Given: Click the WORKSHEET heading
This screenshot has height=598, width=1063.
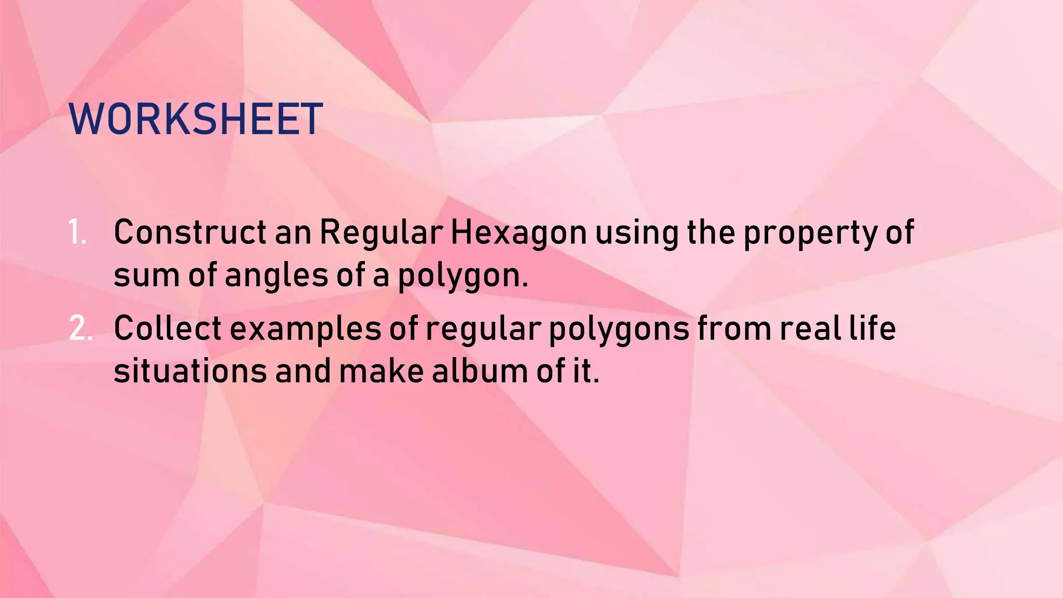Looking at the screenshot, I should (196, 119).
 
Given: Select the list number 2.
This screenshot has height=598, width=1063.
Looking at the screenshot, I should (80, 329).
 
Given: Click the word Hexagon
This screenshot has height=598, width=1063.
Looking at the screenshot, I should (518, 233).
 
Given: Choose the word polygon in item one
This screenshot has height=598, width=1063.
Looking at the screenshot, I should (462, 276).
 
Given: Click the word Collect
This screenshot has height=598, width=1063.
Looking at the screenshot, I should (168, 329).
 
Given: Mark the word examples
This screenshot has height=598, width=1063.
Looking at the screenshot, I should (306, 330).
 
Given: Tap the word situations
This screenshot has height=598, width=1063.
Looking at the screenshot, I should (190, 372).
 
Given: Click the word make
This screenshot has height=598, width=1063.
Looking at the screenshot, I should (381, 372).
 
